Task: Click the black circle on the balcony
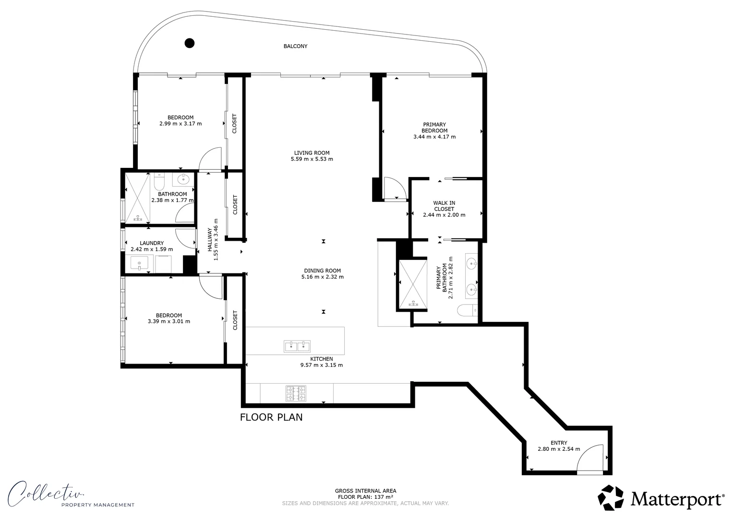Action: tap(190, 43)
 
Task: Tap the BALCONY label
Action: tap(295, 47)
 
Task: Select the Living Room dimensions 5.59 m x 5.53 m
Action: tap(312, 159)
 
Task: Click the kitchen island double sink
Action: tap(297, 346)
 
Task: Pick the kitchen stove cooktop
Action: tap(296, 394)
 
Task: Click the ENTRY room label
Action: tap(559, 443)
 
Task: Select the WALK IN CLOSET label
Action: tap(444, 206)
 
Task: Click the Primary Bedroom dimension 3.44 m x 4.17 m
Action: tap(434, 137)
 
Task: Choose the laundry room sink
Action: tap(140, 263)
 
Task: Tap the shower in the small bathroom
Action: tap(138, 198)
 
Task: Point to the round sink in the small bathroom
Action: tap(183, 179)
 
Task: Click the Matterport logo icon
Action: tap(611, 497)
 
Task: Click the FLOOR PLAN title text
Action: tap(271, 417)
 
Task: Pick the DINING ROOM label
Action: tap(322, 271)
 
